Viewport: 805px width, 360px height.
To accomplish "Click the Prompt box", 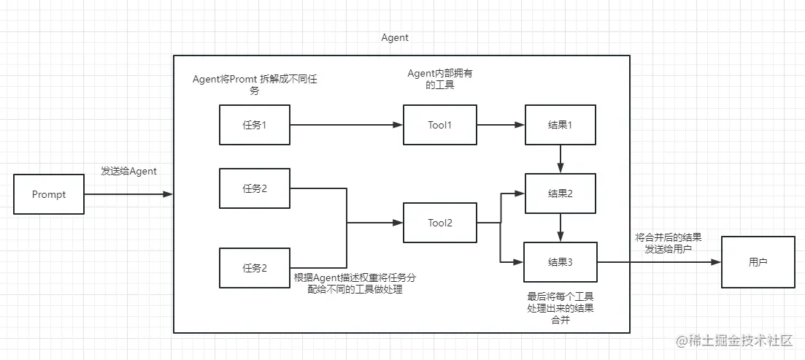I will point(49,194).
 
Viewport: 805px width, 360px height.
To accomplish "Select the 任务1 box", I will point(255,124).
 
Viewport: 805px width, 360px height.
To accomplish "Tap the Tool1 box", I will point(439,124).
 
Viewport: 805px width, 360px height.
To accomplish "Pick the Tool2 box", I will point(439,223).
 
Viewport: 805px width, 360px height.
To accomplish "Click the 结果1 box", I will point(560,124).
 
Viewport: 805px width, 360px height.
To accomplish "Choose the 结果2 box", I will point(560,194).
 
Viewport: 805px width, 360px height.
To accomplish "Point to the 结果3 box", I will point(560,261).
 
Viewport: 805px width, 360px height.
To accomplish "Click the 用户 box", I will point(758,261).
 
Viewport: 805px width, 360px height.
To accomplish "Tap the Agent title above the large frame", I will point(396,37).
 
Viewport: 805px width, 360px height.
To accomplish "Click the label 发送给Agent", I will point(128,171).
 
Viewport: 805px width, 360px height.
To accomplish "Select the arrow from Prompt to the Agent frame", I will point(128,194).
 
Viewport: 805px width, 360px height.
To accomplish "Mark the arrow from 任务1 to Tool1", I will point(347,124).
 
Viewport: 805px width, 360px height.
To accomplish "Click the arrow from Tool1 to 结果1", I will point(500,124).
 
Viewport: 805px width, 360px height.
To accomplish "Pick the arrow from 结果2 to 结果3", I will point(560,227).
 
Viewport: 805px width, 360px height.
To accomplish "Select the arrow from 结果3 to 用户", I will point(659,261).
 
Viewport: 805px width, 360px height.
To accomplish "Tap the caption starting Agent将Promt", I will point(255,85).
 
